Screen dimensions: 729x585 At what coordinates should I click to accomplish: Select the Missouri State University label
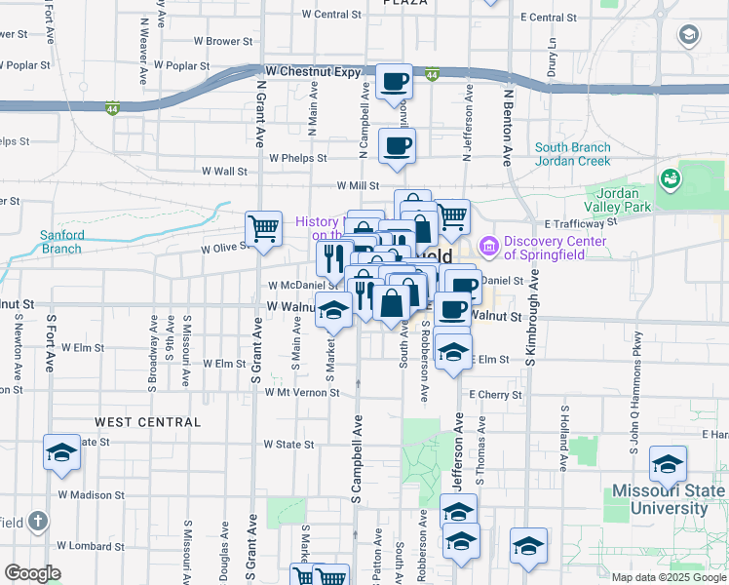pyautogui.click(x=669, y=499)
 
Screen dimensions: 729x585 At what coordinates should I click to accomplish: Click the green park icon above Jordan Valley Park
pyautogui.click(x=670, y=179)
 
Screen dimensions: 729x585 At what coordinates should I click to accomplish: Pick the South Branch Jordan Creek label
pyautogui.click(x=572, y=154)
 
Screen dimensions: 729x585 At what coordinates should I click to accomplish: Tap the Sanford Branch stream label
pyautogui.click(x=62, y=241)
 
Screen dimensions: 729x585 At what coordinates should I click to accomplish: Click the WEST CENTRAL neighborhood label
pyautogui.click(x=148, y=422)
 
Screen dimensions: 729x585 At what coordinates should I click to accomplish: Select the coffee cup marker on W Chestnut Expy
pyautogui.click(x=395, y=82)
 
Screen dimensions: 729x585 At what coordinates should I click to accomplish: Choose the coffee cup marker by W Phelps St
pyautogui.click(x=397, y=146)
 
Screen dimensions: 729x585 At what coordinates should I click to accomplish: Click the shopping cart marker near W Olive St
pyautogui.click(x=263, y=229)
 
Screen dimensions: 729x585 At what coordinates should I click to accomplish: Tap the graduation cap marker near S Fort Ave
pyautogui.click(x=61, y=454)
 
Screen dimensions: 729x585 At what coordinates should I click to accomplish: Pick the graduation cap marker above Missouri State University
pyautogui.click(x=668, y=464)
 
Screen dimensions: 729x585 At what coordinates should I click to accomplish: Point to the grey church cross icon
pyautogui.click(x=38, y=521)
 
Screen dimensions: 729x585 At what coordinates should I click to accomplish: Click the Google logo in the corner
pyautogui.click(x=32, y=572)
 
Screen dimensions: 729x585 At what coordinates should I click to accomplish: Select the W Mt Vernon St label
pyautogui.click(x=301, y=393)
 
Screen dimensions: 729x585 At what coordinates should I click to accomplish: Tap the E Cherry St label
pyautogui.click(x=495, y=395)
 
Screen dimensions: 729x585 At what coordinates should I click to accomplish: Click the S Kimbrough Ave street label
pyautogui.click(x=533, y=323)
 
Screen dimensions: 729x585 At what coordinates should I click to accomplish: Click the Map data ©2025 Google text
pyautogui.click(x=670, y=577)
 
